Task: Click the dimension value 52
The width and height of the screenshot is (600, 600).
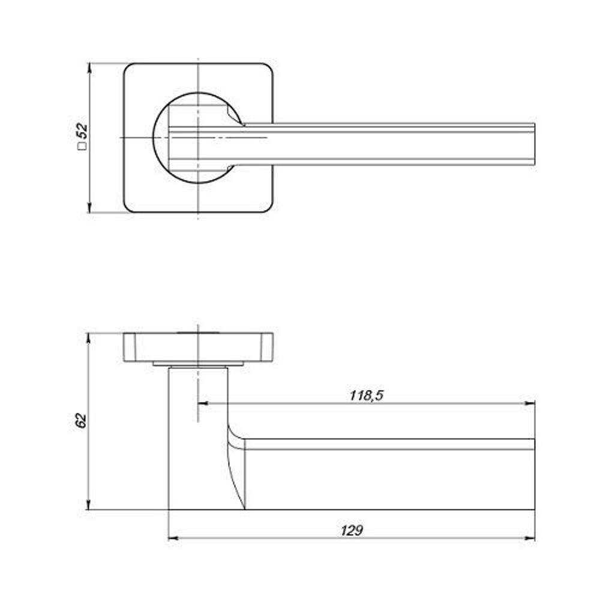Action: pos(82,131)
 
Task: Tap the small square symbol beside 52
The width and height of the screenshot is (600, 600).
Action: pos(82,146)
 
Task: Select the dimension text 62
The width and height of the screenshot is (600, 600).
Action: pos(82,421)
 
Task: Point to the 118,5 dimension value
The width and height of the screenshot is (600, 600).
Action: pos(366,395)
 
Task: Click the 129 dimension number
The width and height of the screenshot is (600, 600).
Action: pos(352,530)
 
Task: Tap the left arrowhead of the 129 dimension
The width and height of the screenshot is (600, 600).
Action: pos(173,538)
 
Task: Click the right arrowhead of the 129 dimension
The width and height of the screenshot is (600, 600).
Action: pos(530,538)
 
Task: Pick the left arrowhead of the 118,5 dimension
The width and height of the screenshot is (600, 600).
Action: pos(203,403)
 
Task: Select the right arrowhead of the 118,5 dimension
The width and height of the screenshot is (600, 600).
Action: pos(530,403)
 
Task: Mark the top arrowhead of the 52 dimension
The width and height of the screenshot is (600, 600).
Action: pos(89,68)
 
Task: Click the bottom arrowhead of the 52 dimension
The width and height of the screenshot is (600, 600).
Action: pos(89,208)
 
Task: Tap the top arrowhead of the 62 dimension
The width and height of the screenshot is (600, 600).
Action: pos(89,338)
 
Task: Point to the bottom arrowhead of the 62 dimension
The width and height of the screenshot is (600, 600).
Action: pos(89,505)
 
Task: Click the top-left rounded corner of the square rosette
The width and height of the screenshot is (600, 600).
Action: pos(127,67)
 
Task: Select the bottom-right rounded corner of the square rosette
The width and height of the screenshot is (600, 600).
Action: pos(269,208)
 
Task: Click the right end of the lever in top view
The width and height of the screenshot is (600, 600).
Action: pos(534,144)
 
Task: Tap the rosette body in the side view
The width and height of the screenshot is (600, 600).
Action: pos(198,347)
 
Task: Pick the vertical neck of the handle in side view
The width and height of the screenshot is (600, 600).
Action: pos(198,438)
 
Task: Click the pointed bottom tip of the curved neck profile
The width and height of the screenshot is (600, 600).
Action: pos(245,509)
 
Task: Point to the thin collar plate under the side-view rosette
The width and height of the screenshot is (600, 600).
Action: pos(198,364)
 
